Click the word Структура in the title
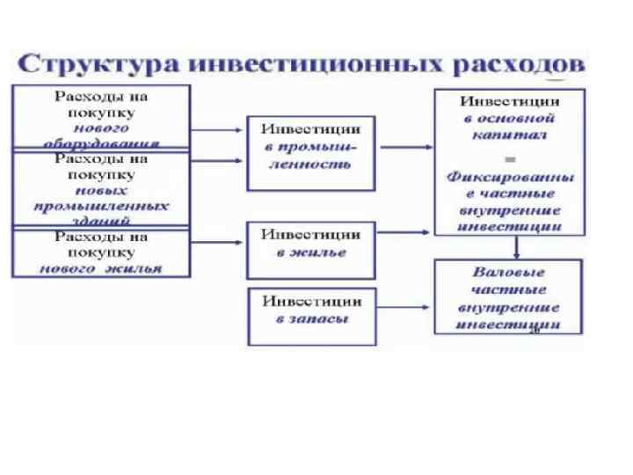(x=98, y=64)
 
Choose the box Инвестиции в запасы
(x=310, y=309)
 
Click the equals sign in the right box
(x=509, y=156)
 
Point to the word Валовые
(x=509, y=273)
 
